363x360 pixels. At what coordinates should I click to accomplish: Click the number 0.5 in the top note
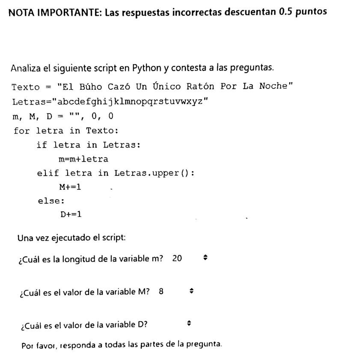[286, 12]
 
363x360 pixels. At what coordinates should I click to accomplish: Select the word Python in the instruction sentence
[146, 68]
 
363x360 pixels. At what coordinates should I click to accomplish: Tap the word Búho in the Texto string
[91, 87]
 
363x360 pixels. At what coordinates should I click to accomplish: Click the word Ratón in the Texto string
[200, 86]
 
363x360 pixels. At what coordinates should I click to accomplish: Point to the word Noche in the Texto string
[274, 86]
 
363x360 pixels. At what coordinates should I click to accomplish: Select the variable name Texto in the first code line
[25, 87]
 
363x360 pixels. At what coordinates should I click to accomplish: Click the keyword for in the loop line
[22, 131]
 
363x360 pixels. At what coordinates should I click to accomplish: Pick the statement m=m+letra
[83, 159]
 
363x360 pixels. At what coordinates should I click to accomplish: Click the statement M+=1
[70, 187]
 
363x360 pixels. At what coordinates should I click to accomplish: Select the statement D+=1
[71, 214]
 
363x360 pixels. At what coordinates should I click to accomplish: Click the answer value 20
[177, 258]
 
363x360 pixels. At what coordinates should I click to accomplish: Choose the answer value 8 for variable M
[161, 291]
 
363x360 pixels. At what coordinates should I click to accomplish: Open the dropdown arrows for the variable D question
[189, 324]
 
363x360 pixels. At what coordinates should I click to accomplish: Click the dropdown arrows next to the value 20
[205, 258]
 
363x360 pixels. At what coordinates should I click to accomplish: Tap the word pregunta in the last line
[207, 344]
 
